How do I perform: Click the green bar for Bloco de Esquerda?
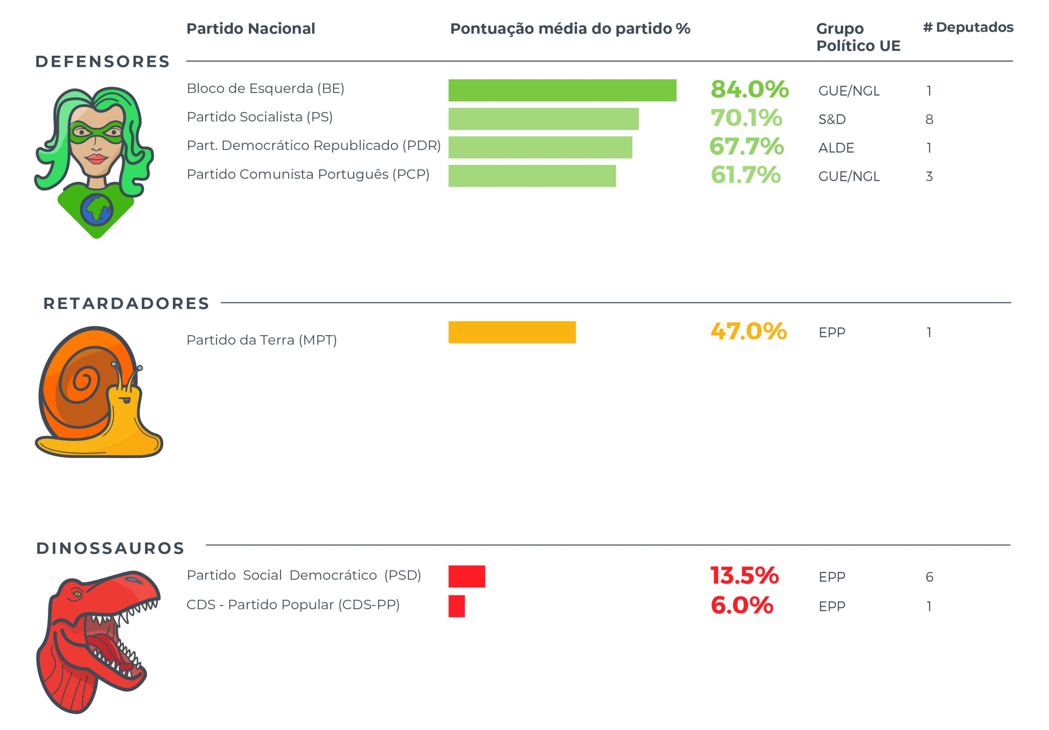562,90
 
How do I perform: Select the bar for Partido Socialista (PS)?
543,119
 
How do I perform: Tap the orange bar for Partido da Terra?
512,332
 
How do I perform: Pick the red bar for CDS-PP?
456,606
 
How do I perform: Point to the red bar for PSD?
466,576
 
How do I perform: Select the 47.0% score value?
748,332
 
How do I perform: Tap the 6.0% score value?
742,605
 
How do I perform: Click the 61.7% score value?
746,175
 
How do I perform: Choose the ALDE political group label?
836,148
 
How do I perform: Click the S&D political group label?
832,119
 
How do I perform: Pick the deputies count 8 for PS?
929,119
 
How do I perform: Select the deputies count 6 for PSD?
929,577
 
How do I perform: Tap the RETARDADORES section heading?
126,304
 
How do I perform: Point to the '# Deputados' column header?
968,27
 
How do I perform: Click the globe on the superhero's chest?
96,210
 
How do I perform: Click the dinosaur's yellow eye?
77,594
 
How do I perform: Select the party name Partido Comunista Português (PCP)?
308,174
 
